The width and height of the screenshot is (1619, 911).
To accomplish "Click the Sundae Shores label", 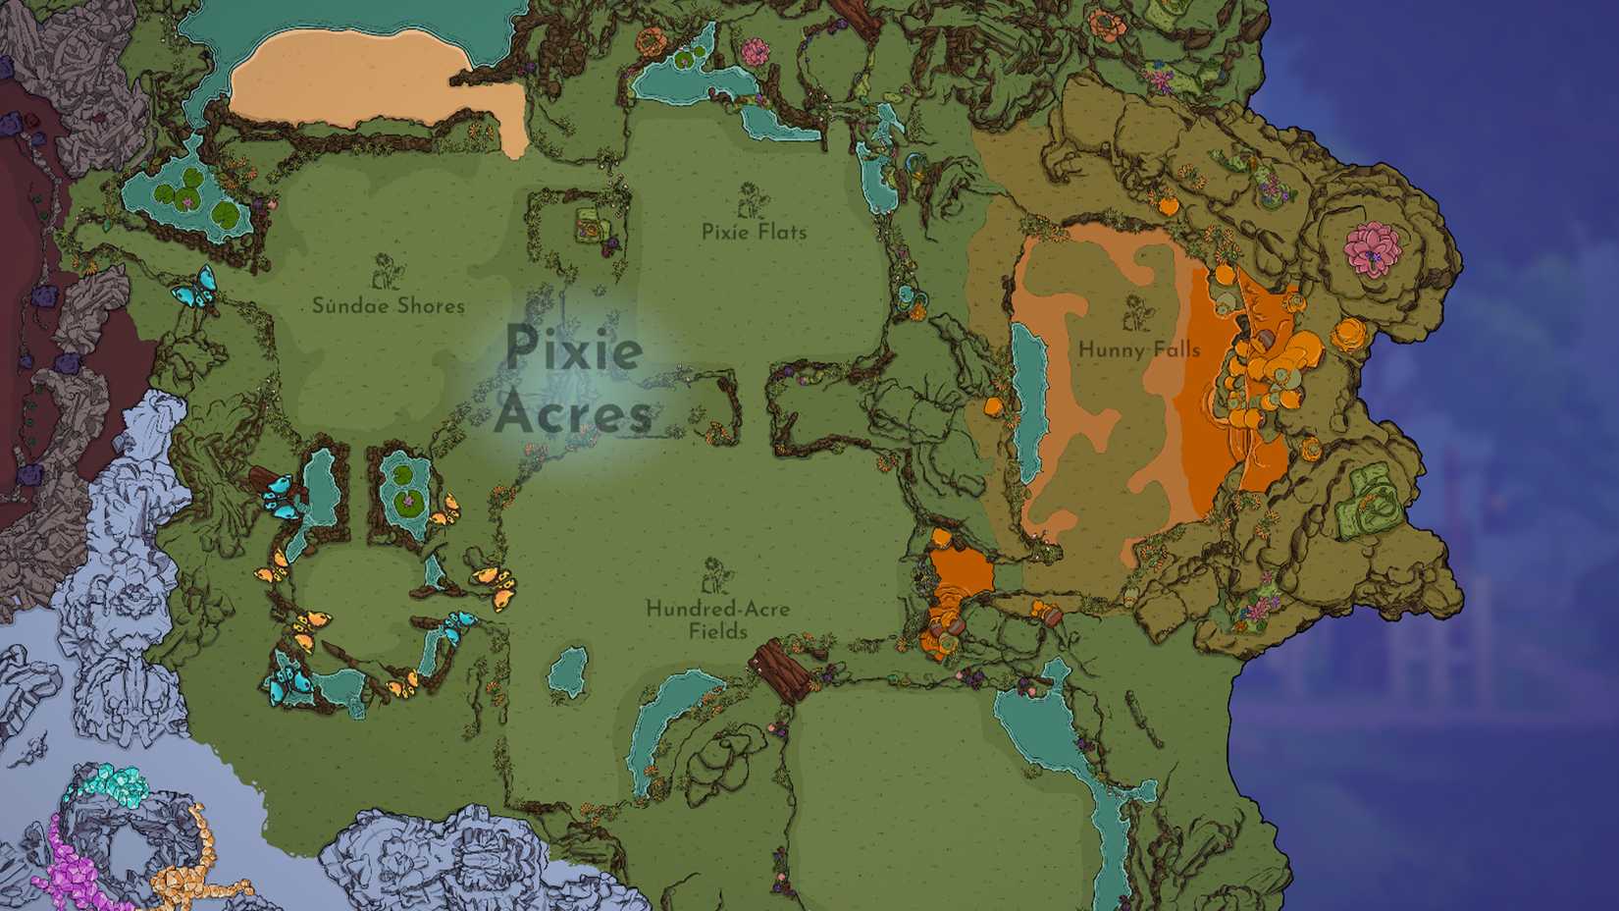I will [388, 305].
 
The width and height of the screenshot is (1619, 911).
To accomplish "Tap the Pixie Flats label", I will [754, 232].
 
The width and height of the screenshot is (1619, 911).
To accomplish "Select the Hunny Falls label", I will [1138, 348].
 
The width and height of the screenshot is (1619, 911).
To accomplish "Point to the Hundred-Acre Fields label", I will [717, 619].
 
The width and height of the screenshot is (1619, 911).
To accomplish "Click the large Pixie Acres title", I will [574, 381].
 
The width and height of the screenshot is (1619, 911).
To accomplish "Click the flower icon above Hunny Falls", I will [1138, 313].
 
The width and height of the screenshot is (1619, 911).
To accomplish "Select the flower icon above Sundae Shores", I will [385, 272].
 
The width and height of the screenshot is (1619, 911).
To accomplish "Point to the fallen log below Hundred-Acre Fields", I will [781, 668].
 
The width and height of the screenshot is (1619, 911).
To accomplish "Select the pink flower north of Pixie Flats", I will [754, 51].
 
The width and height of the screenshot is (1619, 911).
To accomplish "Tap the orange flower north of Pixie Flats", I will [650, 42].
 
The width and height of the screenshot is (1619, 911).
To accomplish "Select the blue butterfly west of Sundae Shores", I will [194, 286].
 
